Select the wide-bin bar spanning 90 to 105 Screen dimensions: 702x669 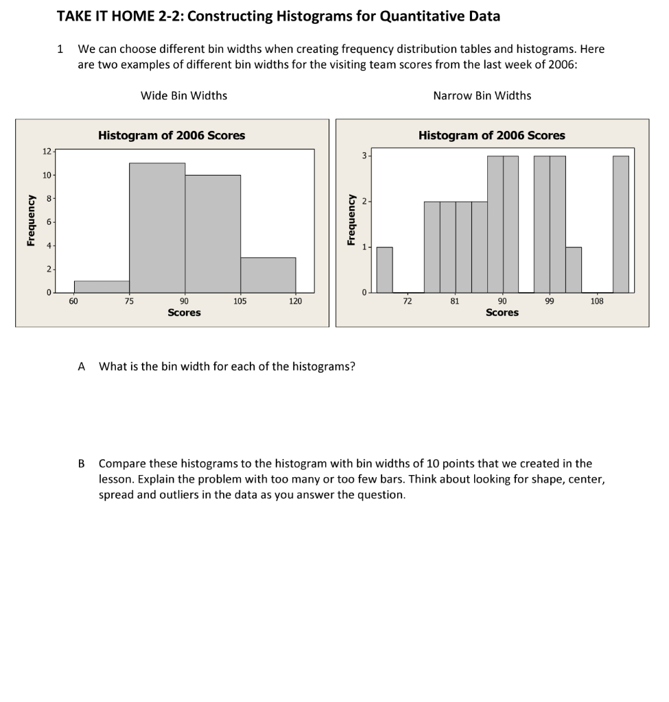(213, 234)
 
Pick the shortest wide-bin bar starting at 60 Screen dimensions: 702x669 (102, 287)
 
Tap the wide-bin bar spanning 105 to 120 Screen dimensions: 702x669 (268, 275)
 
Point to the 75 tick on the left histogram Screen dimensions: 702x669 (129, 300)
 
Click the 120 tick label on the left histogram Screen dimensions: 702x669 (296, 300)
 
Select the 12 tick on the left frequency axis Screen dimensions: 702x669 (45, 151)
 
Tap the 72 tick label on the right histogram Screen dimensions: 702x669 (407, 300)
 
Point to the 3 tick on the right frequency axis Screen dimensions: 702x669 (365, 156)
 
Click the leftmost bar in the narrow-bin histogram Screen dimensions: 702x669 (385, 269)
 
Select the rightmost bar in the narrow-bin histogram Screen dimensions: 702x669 (620, 224)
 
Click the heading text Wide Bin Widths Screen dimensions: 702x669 (184, 95)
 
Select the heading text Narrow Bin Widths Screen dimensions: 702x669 (482, 95)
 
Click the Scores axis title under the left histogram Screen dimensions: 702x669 (184, 313)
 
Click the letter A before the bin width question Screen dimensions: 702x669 (82, 366)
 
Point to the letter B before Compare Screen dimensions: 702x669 (82, 463)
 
